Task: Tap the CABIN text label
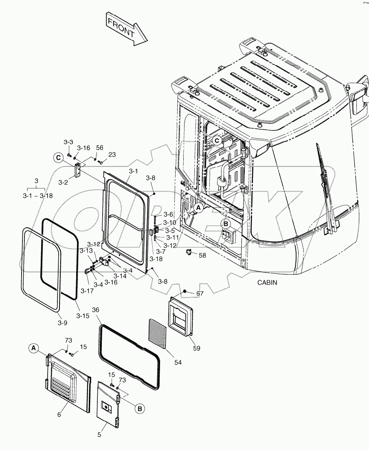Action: pyautogui.click(x=267, y=282)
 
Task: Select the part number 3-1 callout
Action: pyautogui.click(x=133, y=171)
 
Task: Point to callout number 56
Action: pyautogui.click(x=100, y=148)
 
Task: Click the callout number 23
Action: pyautogui.click(x=112, y=154)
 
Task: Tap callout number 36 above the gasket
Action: pyautogui.click(x=96, y=310)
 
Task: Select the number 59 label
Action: pyautogui.click(x=196, y=348)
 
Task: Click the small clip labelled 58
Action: pyautogui.click(x=189, y=253)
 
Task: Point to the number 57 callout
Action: pyautogui.click(x=200, y=293)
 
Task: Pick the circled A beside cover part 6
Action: pyautogui.click(x=34, y=348)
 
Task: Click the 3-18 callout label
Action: pyautogui.click(x=156, y=258)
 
